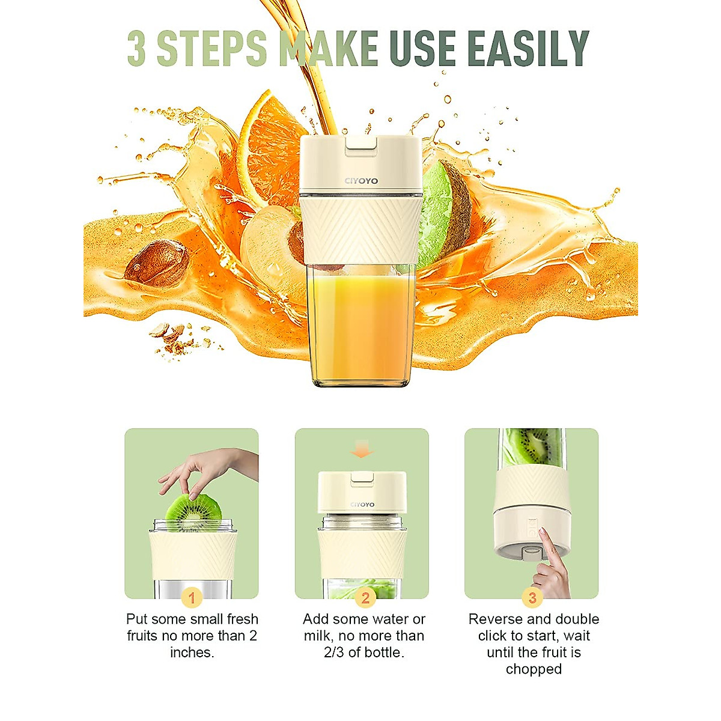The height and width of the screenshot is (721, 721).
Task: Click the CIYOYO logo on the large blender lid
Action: point(361,181)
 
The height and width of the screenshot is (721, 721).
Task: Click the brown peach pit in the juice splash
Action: point(157,263)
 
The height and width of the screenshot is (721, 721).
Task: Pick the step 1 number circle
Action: point(192,598)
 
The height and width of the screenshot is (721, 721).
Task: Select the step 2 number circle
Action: point(365,598)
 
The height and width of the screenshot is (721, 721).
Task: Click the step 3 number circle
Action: point(532,598)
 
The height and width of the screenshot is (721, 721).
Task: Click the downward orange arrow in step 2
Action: point(361,449)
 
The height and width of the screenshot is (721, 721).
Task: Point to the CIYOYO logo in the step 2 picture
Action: point(362,505)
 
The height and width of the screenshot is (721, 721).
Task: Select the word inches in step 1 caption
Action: point(192,653)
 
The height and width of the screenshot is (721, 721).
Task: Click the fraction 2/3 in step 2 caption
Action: point(334,653)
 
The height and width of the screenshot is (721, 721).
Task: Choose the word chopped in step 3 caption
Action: point(534,669)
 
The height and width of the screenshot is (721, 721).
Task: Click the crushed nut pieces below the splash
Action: point(171,336)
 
